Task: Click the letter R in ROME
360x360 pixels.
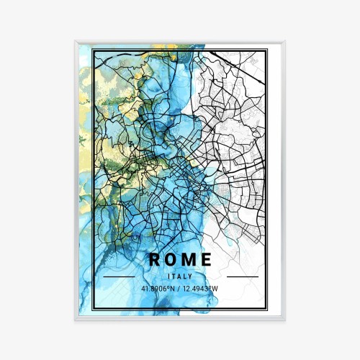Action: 154,260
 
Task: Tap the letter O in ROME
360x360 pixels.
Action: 172,260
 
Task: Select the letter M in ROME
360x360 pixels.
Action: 189,260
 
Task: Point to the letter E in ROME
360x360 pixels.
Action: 207,260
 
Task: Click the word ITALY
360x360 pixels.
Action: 180,276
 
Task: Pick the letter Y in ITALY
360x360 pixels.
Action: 191,276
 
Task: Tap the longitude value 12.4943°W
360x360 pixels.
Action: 202,289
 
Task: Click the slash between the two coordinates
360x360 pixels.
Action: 181,289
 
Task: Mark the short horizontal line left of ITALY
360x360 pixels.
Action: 119,276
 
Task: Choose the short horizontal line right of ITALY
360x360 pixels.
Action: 242,276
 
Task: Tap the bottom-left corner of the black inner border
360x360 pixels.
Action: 94,309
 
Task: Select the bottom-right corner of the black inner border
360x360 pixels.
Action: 266,309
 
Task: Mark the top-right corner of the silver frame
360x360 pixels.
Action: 284,42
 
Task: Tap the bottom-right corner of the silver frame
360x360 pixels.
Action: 284,319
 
